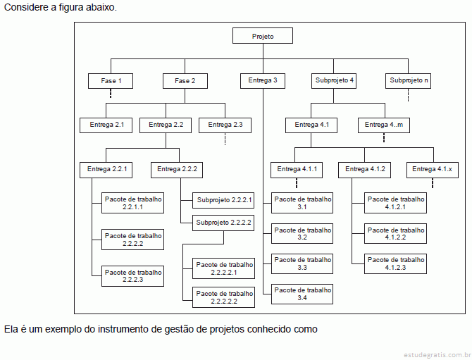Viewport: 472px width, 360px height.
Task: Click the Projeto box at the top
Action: pos(263,36)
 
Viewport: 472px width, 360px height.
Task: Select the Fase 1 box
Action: pos(111,81)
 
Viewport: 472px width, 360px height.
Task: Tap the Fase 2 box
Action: pos(185,81)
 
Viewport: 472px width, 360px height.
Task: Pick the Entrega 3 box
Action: pos(263,80)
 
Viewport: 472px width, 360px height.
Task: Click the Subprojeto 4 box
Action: pos(335,80)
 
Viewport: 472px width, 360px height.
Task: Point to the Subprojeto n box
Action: pos(409,80)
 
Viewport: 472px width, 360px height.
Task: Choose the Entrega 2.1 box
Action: pos(107,125)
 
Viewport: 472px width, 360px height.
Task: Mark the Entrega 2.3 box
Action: pos(225,125)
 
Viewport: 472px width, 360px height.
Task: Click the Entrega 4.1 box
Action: pos(312,125)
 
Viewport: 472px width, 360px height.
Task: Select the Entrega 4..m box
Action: pos(385,125)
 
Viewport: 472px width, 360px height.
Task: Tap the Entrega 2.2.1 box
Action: pos(107,169)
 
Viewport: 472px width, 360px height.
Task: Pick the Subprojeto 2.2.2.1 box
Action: pos(224,200)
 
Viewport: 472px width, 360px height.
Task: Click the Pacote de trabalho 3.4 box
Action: pos(302,294)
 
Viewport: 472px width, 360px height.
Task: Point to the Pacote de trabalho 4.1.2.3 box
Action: pos(396,263)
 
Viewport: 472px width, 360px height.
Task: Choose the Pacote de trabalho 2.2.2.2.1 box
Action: pos(224,268)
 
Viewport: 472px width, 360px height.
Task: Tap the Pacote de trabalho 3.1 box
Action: pos(302,203)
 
